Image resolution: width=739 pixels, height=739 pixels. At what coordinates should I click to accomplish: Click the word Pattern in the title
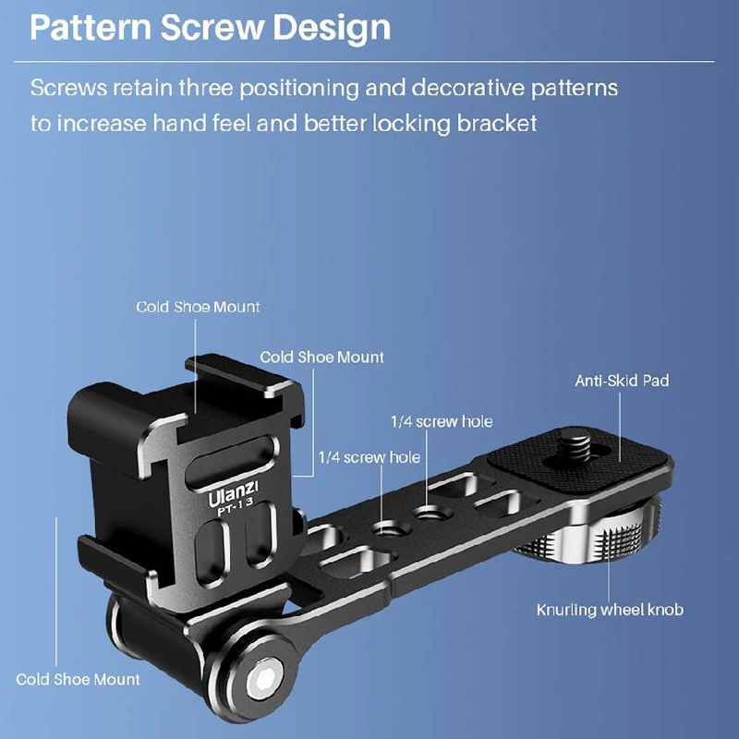[89, 28]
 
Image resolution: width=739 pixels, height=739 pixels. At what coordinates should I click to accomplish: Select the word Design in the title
[331, 28]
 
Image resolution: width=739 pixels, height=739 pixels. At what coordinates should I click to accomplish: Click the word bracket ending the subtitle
[497, 123]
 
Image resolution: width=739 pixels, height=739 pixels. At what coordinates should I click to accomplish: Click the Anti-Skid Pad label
[622, 380]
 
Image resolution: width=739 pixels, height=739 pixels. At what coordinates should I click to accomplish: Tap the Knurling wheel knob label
[610, 611]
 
